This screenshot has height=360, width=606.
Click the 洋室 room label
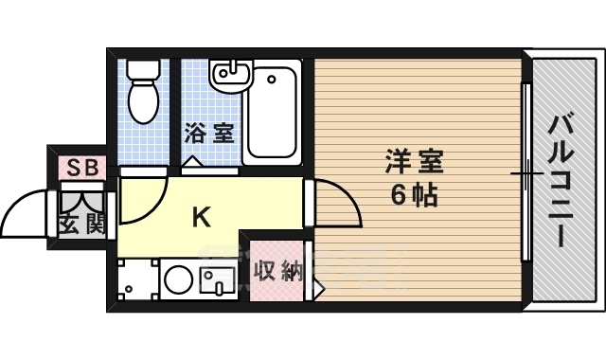[x=414, y=161]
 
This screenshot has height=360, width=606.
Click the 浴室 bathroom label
[x=209, y=132]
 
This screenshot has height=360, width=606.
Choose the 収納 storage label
[x=277, y=272]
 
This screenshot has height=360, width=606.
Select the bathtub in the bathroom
[x=273, y=113]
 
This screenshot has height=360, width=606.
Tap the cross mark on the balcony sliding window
[x=526, y=173]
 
